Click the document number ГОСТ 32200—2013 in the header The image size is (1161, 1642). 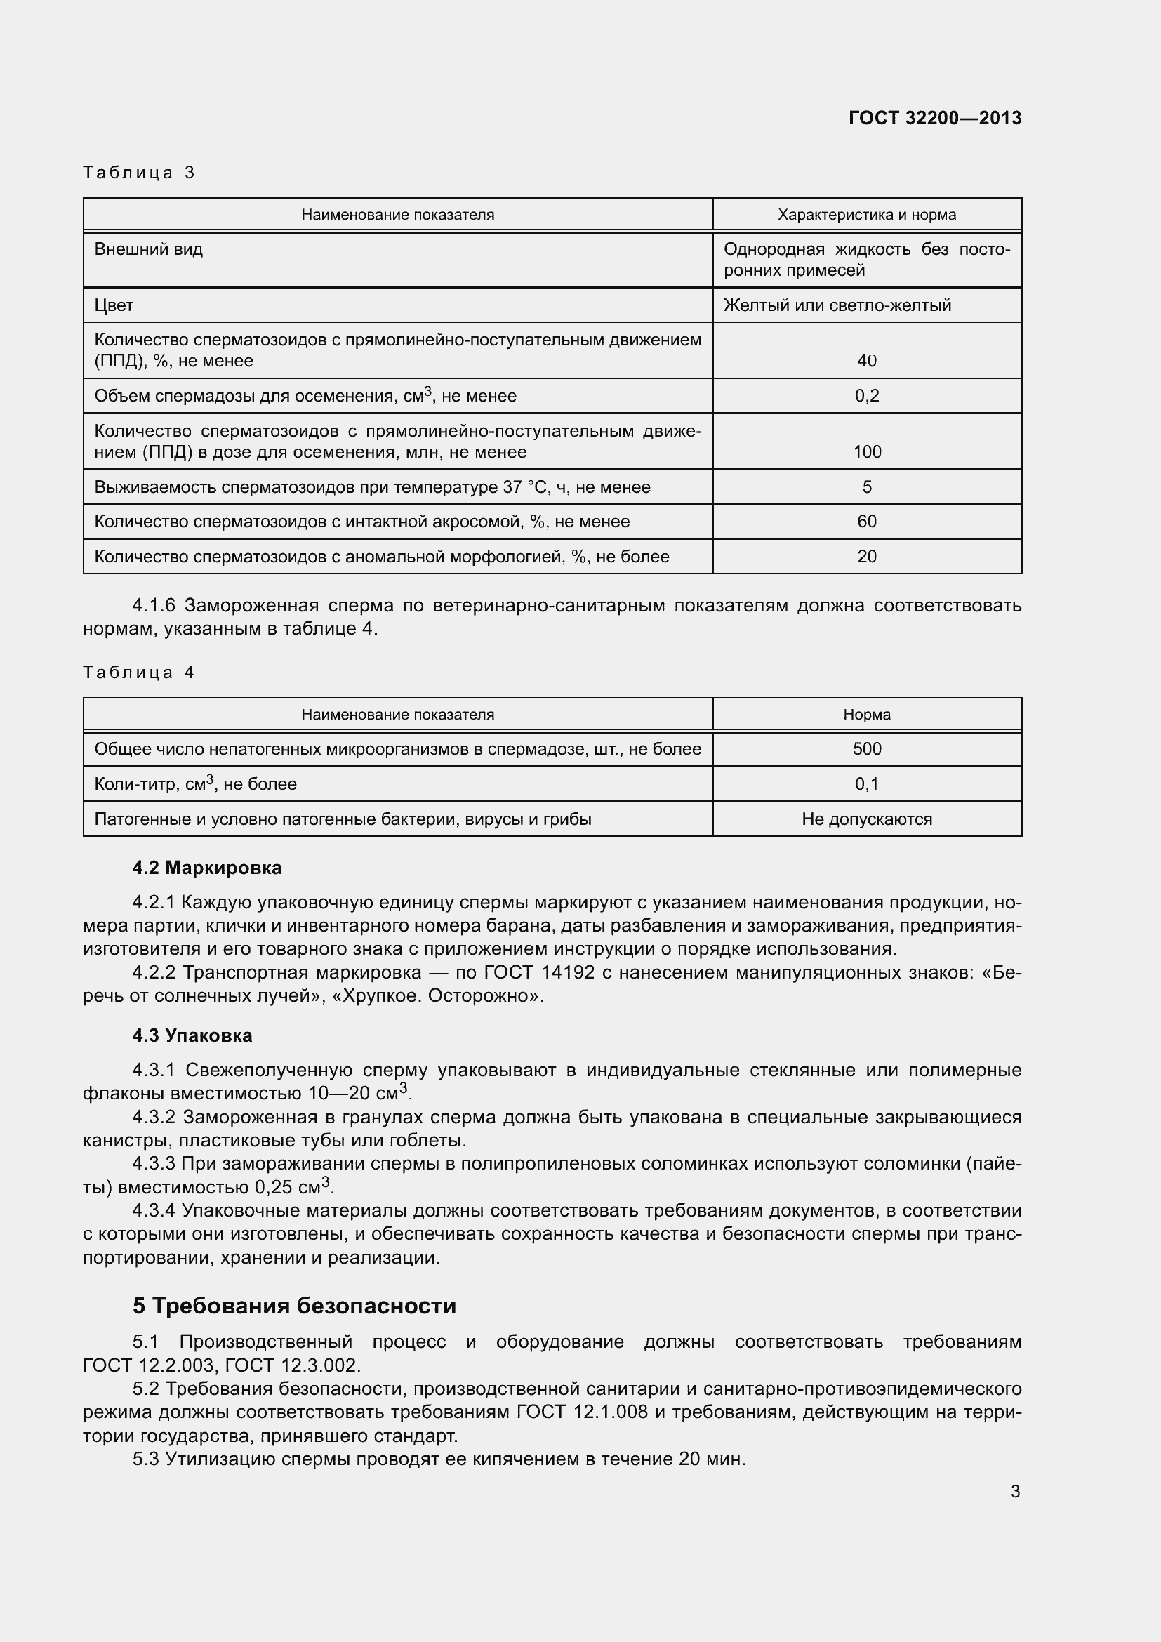click(934, 118)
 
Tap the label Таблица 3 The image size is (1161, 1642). click(139, 173)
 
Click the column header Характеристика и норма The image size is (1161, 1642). click(866, 215)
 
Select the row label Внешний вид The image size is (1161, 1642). click(149, 250)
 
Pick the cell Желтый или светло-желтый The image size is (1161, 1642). click(837, 305)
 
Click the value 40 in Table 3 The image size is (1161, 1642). click(866, 360)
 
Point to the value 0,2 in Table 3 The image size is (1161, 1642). click(866, 395)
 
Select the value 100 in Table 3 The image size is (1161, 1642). click(866, 452)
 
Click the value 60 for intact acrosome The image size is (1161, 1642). click(866, 522)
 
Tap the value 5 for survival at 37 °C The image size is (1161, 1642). click(866, 487)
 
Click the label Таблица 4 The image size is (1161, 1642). click(139, 673)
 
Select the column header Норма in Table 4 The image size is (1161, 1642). click(866, 715)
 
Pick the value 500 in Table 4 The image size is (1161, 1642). click(866, 749)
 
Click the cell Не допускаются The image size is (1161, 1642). click(866, 819)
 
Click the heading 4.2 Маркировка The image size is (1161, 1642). click(207, 868)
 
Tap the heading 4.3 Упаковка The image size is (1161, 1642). click(192, 1035)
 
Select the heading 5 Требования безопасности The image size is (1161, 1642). click(295, 1306)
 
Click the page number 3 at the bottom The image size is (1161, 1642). click(1015, 1492)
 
